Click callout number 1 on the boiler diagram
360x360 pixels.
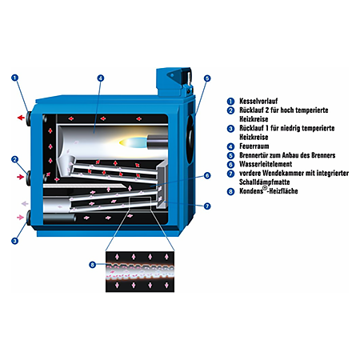tap(15, 78)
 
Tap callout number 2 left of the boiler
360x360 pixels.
tap(15, 159)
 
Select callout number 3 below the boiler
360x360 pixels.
tap(15, 241)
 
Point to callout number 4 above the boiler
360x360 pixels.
tap(100, 78)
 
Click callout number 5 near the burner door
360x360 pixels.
tap(207, 78)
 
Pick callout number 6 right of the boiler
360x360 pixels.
tap(207, 175)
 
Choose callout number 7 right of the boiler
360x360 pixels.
tap(207, 206)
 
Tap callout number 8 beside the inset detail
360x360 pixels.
tap(92, 265)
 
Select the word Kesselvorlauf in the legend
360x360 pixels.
tap(258, 101)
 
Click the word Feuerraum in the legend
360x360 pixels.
tap(254, 146)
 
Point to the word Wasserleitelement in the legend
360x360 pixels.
tap(266, 164)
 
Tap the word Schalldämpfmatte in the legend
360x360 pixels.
tap(265, 182)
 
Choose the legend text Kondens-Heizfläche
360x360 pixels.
tap(269, 190)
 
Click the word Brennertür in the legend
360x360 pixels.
tap(254, 155)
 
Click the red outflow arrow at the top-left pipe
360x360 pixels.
tap(21, 118)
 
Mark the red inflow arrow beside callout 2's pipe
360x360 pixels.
tap(21, 177)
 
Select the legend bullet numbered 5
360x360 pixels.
tap(230, 155)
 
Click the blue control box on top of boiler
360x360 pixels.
tap(174, 82)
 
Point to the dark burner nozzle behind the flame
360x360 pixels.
tap(158, 141)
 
